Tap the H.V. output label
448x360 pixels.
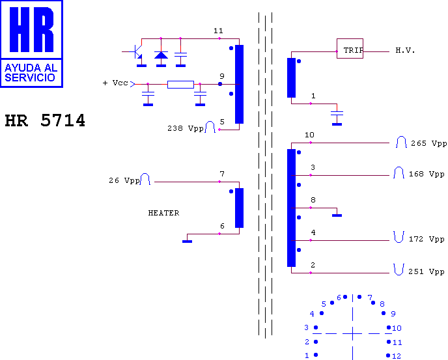[405, 51]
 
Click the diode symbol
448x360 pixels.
[161, 55]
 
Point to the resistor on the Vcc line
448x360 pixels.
[180, 85]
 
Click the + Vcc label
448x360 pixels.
[115, 83]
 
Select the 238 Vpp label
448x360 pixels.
[186, 129]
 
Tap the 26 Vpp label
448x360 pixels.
[124, 180]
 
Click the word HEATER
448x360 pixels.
[163, 213]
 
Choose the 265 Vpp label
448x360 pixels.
[429, 143]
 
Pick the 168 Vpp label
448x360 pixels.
[427, 174]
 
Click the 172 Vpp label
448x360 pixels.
[427, 239]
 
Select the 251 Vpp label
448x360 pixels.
[427, 271]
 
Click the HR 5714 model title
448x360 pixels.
[45, 120]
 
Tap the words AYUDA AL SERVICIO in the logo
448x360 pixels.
[31, 72]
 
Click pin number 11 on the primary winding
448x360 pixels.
[218, 31]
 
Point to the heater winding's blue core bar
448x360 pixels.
[240, 208]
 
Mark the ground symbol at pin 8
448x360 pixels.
[337, 215]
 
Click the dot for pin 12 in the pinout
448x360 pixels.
[388, 355]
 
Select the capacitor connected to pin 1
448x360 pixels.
[337, 113]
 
